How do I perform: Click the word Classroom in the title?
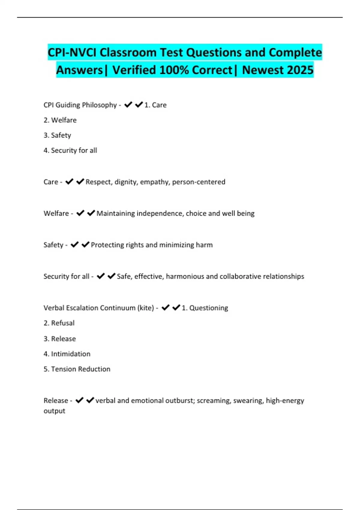[128, 52]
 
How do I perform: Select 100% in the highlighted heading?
[174, 70]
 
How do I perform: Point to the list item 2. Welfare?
[60, 120]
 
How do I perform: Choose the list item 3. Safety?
[57, 135]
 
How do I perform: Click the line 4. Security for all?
[70, 150]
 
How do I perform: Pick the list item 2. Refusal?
[59, 323]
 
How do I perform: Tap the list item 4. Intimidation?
[67, 354]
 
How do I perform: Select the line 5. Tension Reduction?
[77, 369]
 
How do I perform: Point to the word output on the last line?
[54, 411]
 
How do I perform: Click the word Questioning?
[208, 308]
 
